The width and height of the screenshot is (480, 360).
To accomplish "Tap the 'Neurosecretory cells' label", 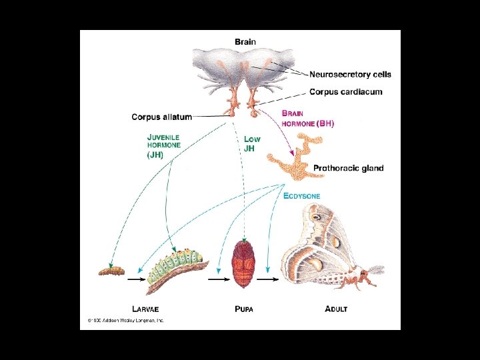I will tap(350, 75).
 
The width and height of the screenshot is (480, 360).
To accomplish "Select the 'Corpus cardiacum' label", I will tap(345, 92).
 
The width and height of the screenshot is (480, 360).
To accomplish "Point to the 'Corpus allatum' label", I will tap(161, 117).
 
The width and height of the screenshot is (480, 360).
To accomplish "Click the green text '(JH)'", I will tap(155, 155).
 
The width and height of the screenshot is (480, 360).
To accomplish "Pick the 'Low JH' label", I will tap(253, 144).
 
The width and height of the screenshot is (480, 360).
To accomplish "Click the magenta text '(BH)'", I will tap(325, 124).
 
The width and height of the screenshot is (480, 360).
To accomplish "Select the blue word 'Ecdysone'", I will tap(301, 196).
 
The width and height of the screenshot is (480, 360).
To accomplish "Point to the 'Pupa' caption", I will tap(245, 309).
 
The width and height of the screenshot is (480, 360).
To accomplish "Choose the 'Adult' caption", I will tap(336, 309).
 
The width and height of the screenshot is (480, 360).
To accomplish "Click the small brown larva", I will tap(111, 270).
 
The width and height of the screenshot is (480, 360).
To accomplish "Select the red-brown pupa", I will tap(244, 265).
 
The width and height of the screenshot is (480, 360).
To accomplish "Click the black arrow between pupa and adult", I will tap(268, 279).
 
